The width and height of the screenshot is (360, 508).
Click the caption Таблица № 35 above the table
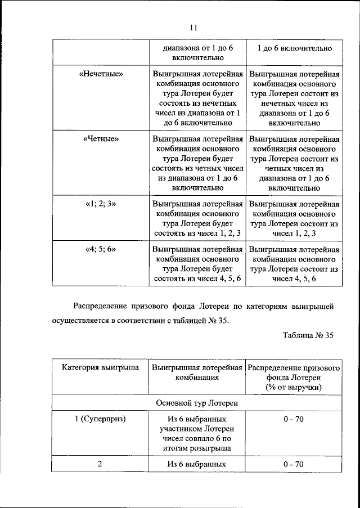pyautogui.click(x=309, y=335)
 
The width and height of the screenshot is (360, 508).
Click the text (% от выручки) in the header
pyautogui.click(x=294, y=388)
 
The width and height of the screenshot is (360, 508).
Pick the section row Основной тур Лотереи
pyautogui.click(x=197, y=403)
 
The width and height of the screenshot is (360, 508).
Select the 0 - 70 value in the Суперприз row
pyautogui.click(x=294, y=420)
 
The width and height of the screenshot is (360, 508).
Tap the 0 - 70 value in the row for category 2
pyautogui.click(x=294, y=464)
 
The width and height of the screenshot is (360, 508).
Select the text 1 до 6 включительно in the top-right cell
pyautogui.click(x=294, y=48)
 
